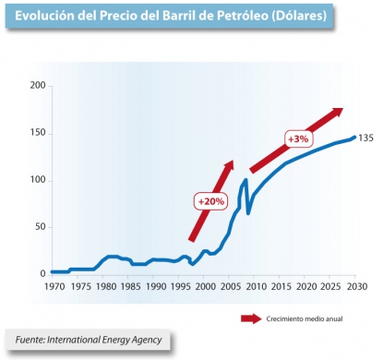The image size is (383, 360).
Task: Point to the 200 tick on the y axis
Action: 36,86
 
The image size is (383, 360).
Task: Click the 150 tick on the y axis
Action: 36,133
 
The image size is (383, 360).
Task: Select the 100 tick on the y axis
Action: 36,180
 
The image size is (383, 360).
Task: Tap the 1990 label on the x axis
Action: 157,286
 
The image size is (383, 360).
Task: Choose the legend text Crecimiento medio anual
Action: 304,319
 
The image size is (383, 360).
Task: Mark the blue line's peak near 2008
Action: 246,179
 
